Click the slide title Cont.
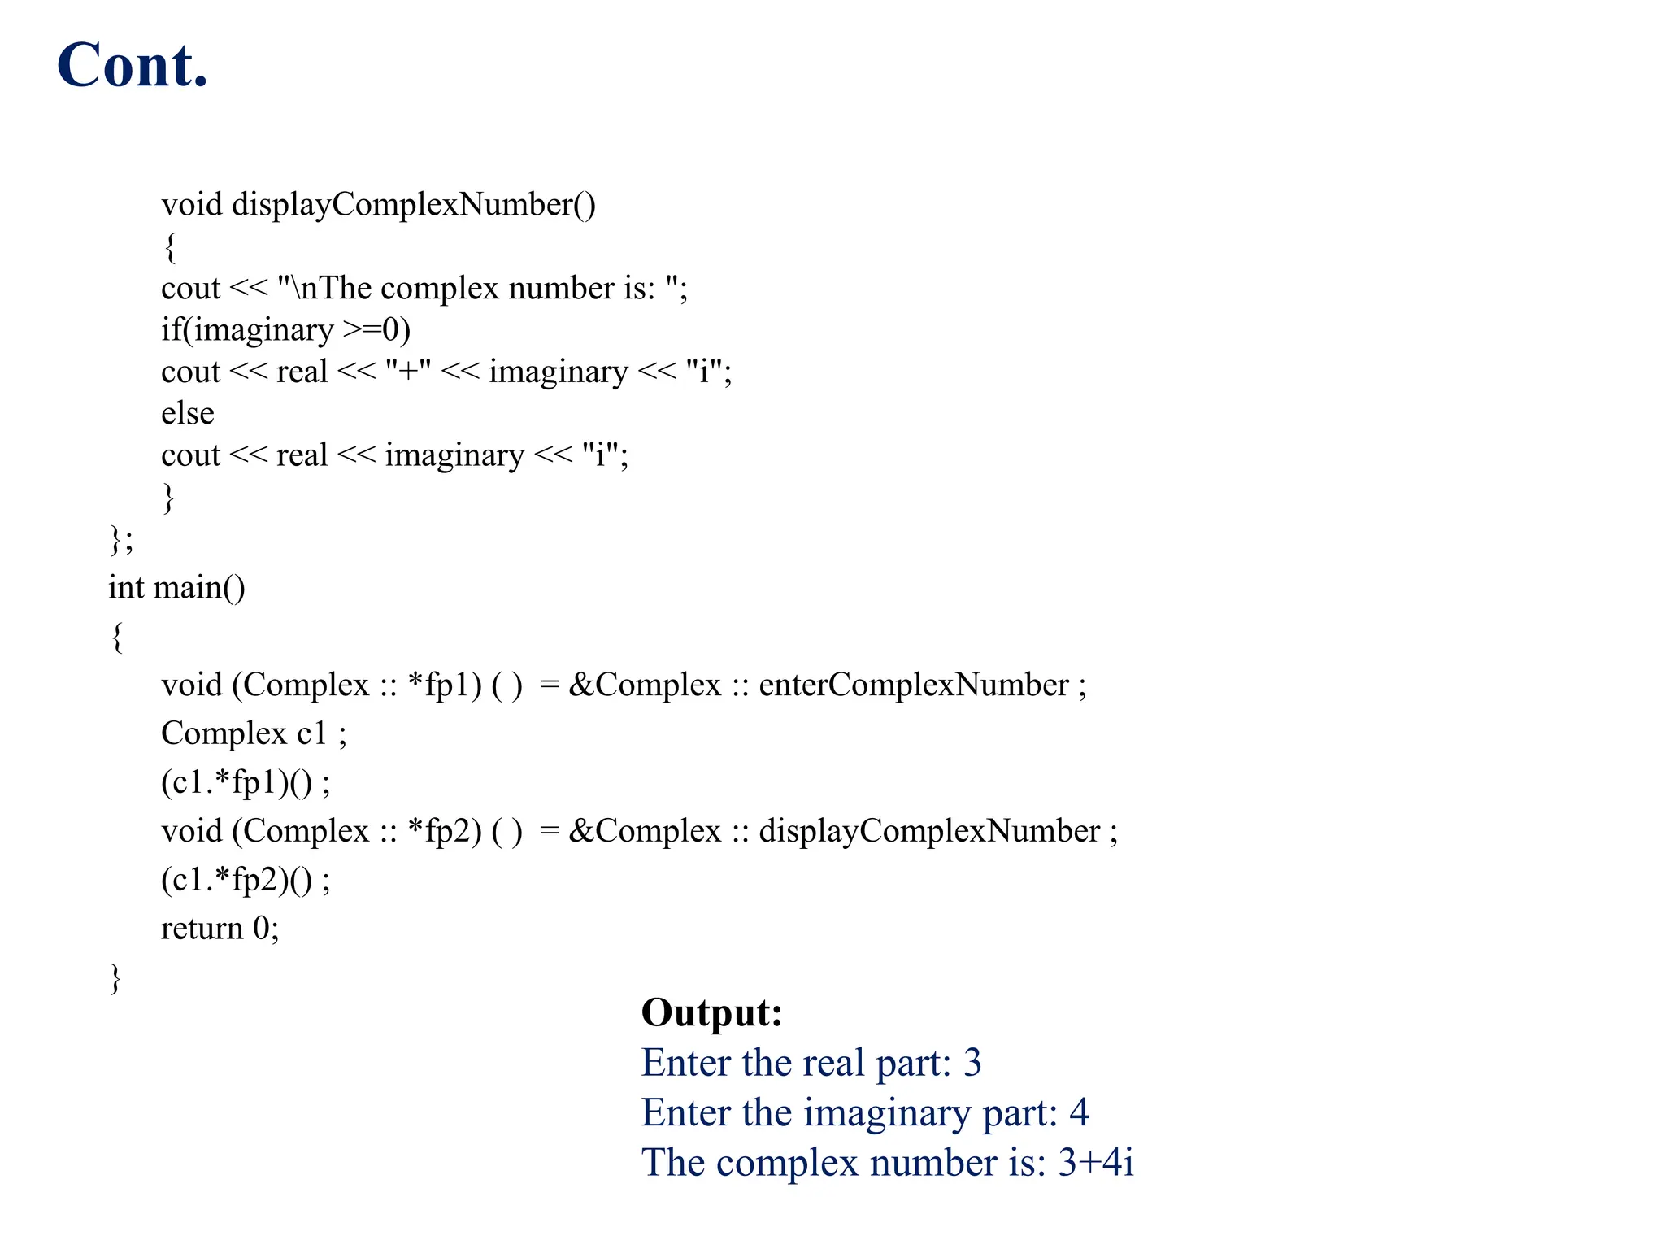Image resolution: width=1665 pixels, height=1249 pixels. pos(133,65)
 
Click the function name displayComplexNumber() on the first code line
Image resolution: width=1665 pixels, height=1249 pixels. pos(413,204)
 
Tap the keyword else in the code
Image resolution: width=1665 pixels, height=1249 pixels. pos(187,413)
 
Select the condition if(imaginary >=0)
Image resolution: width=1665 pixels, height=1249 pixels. pos(285,329)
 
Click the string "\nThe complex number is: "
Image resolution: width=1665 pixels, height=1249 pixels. pos(481,288)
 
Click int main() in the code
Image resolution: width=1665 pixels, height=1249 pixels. pos(176,587)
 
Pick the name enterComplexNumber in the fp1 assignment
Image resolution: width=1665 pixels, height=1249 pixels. pos(913,685)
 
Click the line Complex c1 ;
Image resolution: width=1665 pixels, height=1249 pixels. pos(254,733)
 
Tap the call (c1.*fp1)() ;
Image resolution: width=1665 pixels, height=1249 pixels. pos(246,782)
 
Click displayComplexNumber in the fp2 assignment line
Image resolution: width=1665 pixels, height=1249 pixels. pos(928,831)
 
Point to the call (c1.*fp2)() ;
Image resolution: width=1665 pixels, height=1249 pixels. pos(246,880)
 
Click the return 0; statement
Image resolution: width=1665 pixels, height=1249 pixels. pos(220,929)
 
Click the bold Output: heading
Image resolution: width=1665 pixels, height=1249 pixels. pos(711,1012)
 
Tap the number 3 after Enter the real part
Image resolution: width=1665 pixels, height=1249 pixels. pos(972,1063)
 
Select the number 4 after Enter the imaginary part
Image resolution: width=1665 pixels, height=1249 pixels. pos(1078,1112)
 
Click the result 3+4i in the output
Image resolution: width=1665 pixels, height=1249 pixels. pos(1095,1162)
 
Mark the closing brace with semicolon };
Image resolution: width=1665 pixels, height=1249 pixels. pos(121,540)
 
